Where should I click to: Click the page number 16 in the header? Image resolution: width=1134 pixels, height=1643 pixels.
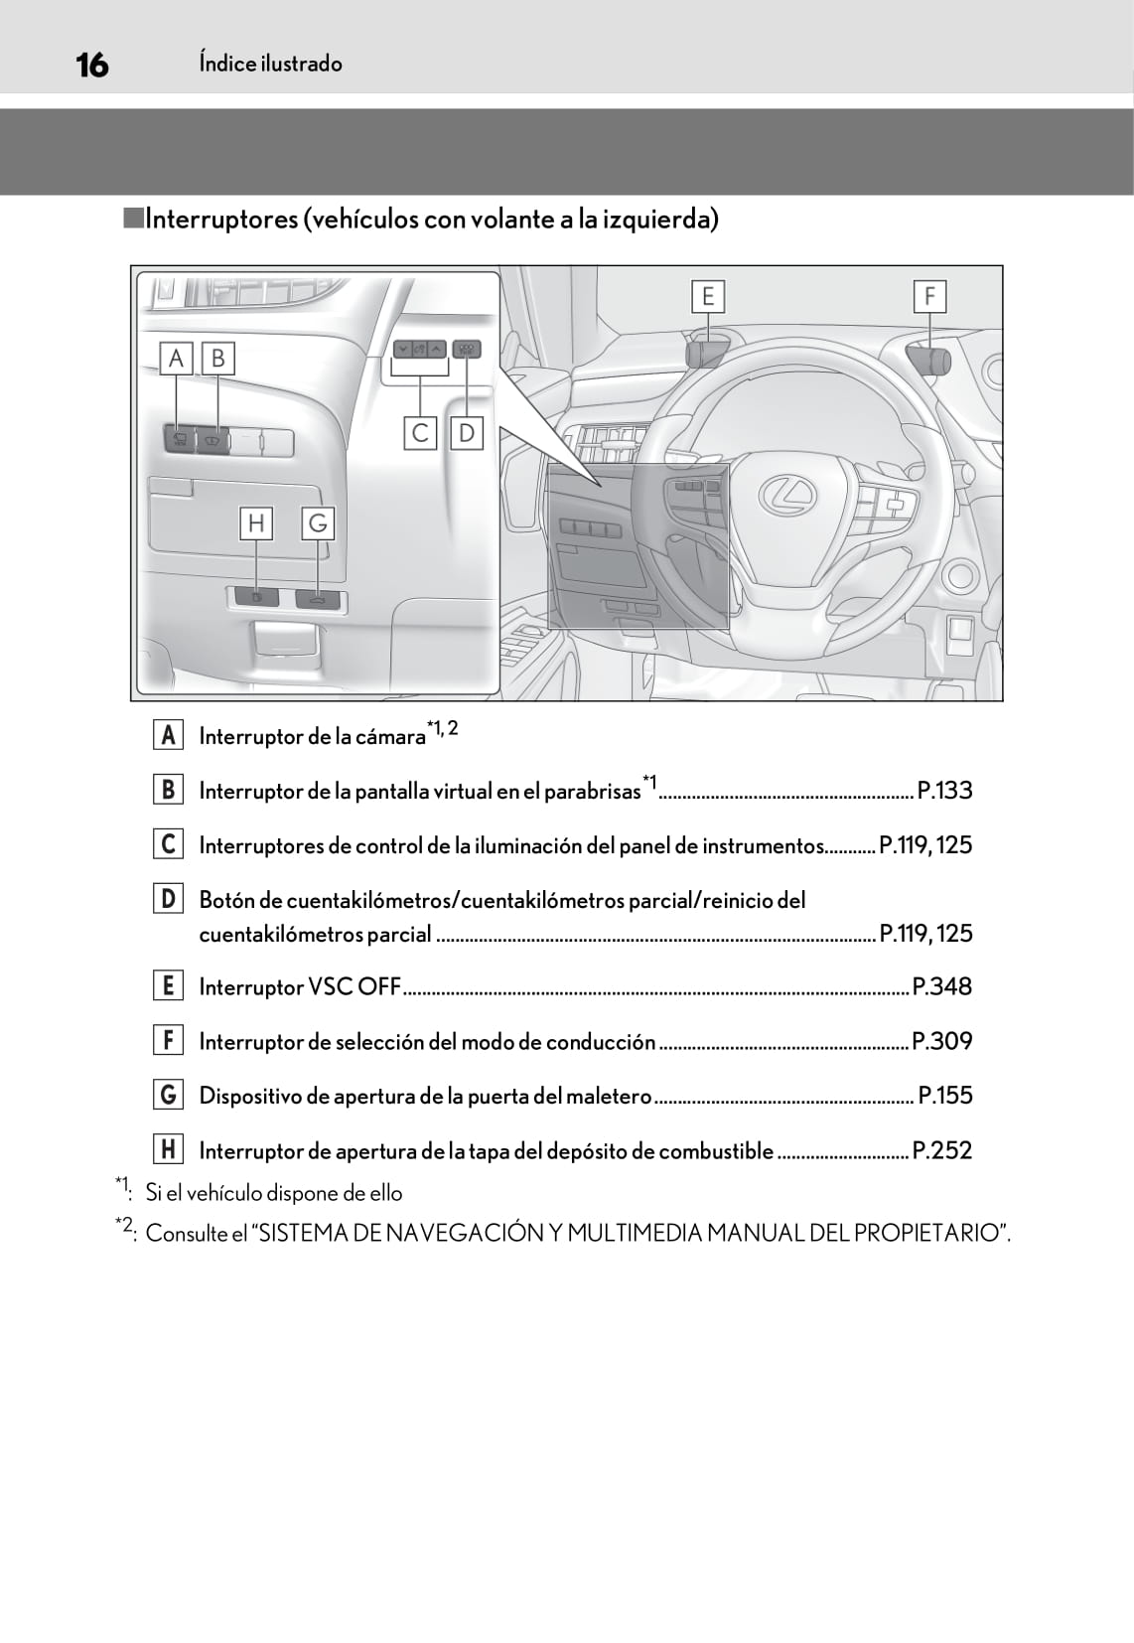coord(91,66)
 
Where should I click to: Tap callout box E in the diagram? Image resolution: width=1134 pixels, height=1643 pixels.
coord(707,296)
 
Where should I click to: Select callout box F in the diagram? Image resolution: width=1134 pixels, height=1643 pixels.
coord(929,296)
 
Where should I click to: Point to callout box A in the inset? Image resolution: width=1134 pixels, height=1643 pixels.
coord(176,358)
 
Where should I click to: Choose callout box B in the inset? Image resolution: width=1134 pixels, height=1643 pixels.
coord(218,358)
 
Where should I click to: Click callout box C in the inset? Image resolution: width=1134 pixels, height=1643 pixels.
coord(420,433)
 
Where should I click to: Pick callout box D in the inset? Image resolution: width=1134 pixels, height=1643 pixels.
coord(466,433)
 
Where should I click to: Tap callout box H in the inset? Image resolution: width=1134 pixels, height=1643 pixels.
coord(256,523)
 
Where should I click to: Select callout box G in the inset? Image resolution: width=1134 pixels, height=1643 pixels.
coord(318,523)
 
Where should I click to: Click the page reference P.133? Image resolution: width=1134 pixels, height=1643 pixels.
coord(944,791)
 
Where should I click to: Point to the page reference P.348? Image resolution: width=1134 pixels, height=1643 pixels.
coord(942,986)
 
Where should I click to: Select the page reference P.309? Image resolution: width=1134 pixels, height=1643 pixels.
coord(942,1041)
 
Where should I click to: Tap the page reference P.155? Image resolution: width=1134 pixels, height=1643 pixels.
coord(945,1096)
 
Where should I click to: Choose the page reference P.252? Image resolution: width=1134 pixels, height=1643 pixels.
coord(942,1150)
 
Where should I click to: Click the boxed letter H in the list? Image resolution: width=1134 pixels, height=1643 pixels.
coord(168,1149)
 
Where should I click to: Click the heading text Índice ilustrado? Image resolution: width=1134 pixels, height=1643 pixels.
coord(270,64)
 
